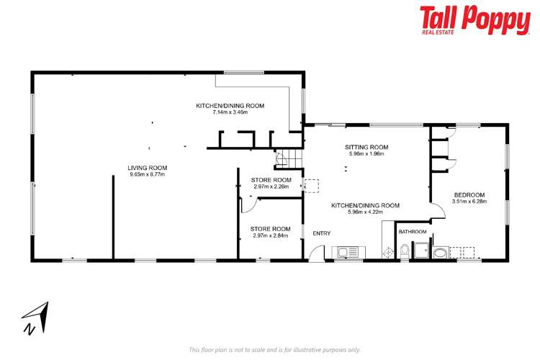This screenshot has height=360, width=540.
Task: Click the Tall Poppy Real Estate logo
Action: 474,20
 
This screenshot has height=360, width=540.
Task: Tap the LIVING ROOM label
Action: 148,168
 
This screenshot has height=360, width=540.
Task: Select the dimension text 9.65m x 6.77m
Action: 148,174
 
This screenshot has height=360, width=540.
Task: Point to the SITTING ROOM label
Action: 366,147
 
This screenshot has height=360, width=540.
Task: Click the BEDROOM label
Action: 469,194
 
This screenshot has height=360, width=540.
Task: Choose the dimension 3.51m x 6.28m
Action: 469,202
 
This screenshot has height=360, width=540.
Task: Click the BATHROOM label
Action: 413,232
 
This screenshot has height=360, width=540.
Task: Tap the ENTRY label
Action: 320,233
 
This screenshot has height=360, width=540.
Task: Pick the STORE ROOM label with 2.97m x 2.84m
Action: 271,229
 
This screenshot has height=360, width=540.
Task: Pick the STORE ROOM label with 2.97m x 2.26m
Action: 271,179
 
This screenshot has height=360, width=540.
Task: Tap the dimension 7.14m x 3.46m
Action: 230,112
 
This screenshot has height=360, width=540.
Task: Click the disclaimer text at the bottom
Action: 274,350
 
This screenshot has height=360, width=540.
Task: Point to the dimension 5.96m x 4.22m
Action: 365,212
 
